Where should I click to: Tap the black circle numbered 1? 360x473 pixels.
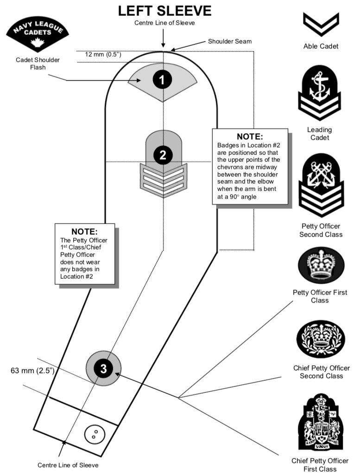162,80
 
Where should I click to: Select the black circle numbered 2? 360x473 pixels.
163,155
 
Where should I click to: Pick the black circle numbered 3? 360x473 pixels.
103,369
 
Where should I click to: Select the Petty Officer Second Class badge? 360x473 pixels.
321,185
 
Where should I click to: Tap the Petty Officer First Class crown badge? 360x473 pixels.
321,265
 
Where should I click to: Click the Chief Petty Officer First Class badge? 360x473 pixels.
320,424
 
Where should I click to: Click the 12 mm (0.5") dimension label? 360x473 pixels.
103,54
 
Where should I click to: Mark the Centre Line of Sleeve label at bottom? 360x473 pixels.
68,465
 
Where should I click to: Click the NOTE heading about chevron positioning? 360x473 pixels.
250,137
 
